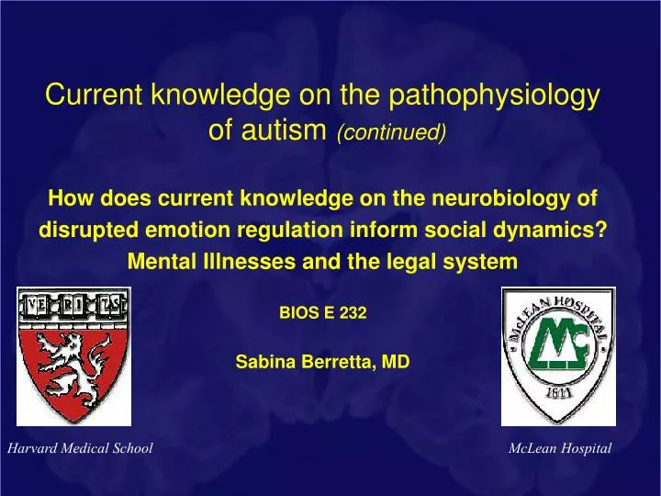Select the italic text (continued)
pos(392,134)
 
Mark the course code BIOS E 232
pos(322,313)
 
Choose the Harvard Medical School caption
pos(79,448)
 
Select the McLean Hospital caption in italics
pos(559,448)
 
